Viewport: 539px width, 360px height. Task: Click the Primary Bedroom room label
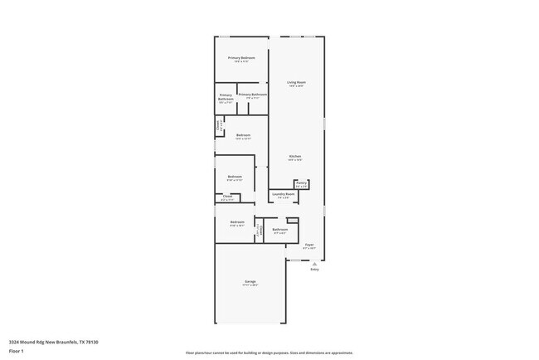pos(241,57)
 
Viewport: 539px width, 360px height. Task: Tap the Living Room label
pos(296,82)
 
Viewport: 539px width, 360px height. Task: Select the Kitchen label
pos(295,156)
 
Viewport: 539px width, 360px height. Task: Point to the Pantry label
pos(302,182)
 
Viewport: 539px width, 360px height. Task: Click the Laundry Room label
pos(284,194)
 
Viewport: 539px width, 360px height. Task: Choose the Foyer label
pos(308,245)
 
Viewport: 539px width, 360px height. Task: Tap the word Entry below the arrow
pos(314,270)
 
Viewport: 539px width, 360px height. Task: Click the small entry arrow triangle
pos(314,263)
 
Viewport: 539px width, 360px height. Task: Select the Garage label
pos(250,281)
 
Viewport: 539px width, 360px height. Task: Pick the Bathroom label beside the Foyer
pos(279,229)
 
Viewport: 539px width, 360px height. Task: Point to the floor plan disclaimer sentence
pos(269,353)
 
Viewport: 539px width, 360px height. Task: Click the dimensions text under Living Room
pos(296,86)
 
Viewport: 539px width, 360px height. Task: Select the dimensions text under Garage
pos(250,285)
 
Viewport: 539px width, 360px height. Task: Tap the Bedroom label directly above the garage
pos(237,221)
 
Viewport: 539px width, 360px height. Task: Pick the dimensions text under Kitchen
pos(295,160)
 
